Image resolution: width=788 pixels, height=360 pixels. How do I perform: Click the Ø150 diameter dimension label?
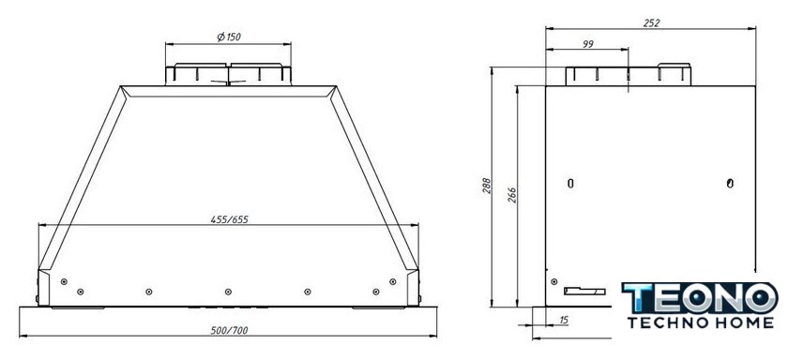229,37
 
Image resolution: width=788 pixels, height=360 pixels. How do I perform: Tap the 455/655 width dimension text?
230,219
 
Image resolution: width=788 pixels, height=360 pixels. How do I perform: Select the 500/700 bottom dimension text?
229,330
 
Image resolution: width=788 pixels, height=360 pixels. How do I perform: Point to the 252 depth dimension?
651,22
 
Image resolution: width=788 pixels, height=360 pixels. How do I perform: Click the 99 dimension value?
587,44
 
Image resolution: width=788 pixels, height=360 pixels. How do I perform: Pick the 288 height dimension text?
486,187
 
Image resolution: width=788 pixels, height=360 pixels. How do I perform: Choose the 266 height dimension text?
511,195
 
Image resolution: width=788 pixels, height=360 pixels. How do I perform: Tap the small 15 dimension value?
564,321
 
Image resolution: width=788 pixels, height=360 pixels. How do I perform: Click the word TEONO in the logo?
700,298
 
